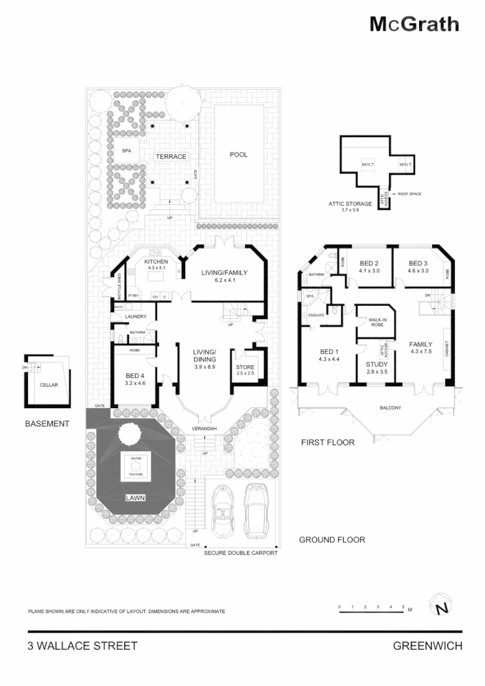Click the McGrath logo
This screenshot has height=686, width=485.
pyautogui.click(x=414, y=25)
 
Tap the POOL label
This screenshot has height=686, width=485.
pyautogui.click(x=239, y=155)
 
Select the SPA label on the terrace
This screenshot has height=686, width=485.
pyautogui.click(x=126, y=151)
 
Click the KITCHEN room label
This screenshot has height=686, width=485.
pyautogui.click(x=156, y=263)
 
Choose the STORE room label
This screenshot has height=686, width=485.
pyautogui.click(x=245, y=368)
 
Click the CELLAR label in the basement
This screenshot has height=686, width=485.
pyautogui.click(x=48, y=386)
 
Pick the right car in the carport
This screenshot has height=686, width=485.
pyautogui.click(x=255, y=508)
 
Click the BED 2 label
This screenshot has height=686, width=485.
pyautogui.click(x=369, y=263)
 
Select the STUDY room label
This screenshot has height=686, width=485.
pyautogui.click(x=377, y=364)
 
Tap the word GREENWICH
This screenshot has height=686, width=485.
pyautogui.click(x=427, y=646)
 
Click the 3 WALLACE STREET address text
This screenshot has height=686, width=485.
pyautogui.click(x=82, y=646)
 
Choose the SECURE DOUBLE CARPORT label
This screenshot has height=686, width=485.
pyautogui.click(x=241, y=552)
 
